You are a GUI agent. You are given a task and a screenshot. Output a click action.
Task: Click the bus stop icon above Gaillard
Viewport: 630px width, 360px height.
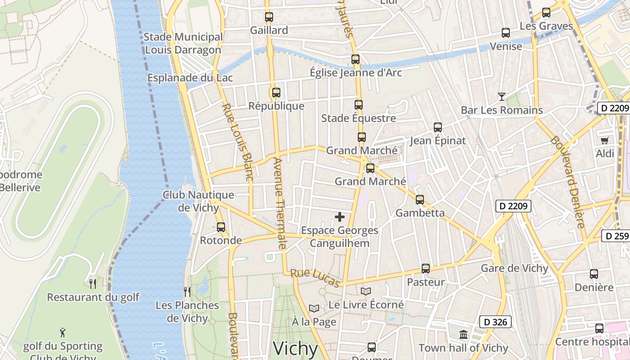pyautogui.click(x=269, y=18)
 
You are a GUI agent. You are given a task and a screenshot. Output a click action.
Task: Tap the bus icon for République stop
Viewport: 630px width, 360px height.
pyautogui.click(x=276, y=93)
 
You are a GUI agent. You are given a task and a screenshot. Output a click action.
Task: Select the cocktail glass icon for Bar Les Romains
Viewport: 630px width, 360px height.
pyautogui.click(x=502, y=96)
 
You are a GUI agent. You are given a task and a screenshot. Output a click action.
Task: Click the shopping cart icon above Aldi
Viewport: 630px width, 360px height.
pyautogui.click(x=604, y=140)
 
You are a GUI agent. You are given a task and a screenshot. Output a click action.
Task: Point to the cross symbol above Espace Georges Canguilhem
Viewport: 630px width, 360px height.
pyautogui.click(x=340, y=217)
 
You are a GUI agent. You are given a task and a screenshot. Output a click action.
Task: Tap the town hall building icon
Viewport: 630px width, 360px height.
pyautogui.click(x=463, y=335)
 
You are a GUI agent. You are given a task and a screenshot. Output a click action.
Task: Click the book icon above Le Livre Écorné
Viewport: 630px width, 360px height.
pyautogui.click(x=366, y=292)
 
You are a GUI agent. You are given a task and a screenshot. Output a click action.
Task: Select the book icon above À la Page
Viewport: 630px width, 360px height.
pyautogui.click(x=314, y=309)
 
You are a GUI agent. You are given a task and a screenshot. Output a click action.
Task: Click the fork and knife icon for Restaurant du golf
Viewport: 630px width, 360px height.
pyautogui.click(x=93, y=284)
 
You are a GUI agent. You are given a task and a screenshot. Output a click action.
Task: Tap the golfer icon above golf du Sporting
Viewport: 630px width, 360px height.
pyautogui.click(x=63, y=333)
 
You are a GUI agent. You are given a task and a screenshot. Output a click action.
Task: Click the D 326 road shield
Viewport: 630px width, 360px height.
pyautogui.click(x=495, y=322)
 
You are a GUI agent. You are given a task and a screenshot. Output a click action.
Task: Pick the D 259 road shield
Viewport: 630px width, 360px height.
pyautogui.click(x=616, y=236)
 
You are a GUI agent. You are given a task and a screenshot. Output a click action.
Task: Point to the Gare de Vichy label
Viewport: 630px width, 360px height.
pyautogui.click(x=515, y=269)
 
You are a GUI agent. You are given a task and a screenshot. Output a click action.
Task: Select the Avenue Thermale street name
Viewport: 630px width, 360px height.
pyautogui.click(x=279, y=203)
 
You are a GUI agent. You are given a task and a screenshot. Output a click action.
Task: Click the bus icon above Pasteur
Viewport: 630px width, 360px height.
pyautogui.click(x=426, y=269)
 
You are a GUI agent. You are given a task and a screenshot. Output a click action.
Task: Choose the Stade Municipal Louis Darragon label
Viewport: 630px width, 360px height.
pyautogui.click(x=183, y=43)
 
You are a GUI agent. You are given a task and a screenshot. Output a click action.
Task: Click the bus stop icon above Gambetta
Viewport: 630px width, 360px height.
pyautogui.click(x=420, y=200)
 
